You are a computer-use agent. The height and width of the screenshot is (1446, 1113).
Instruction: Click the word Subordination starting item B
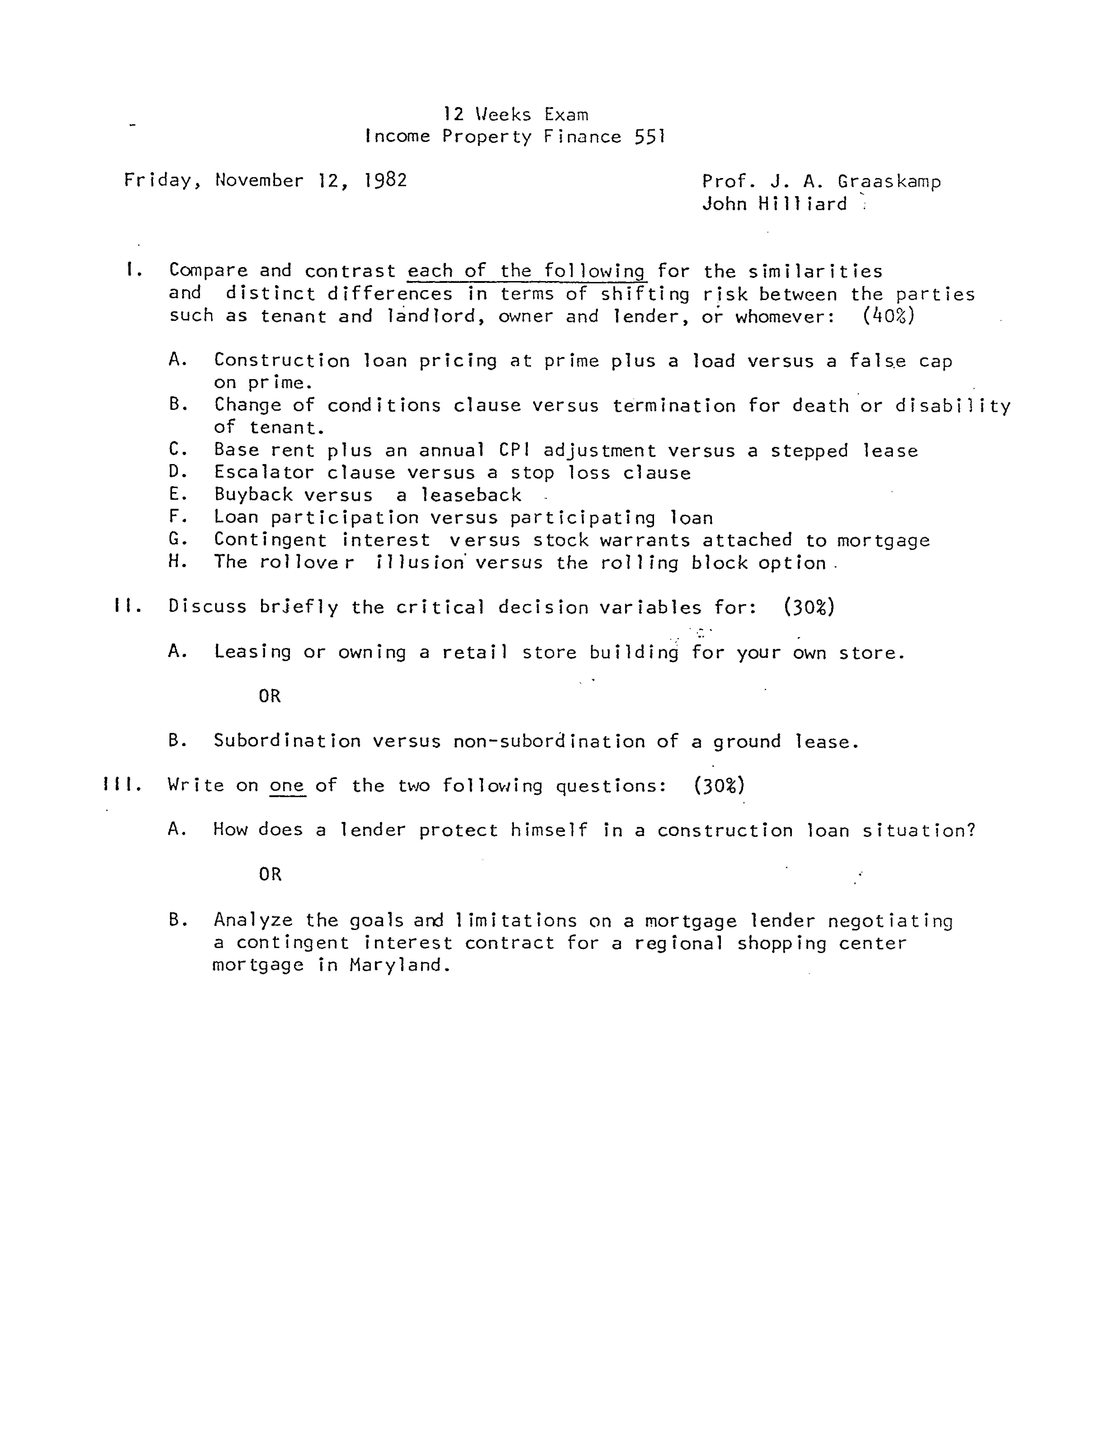pos(287,741)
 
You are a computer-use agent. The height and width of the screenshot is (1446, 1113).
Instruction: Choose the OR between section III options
pos(270,875)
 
